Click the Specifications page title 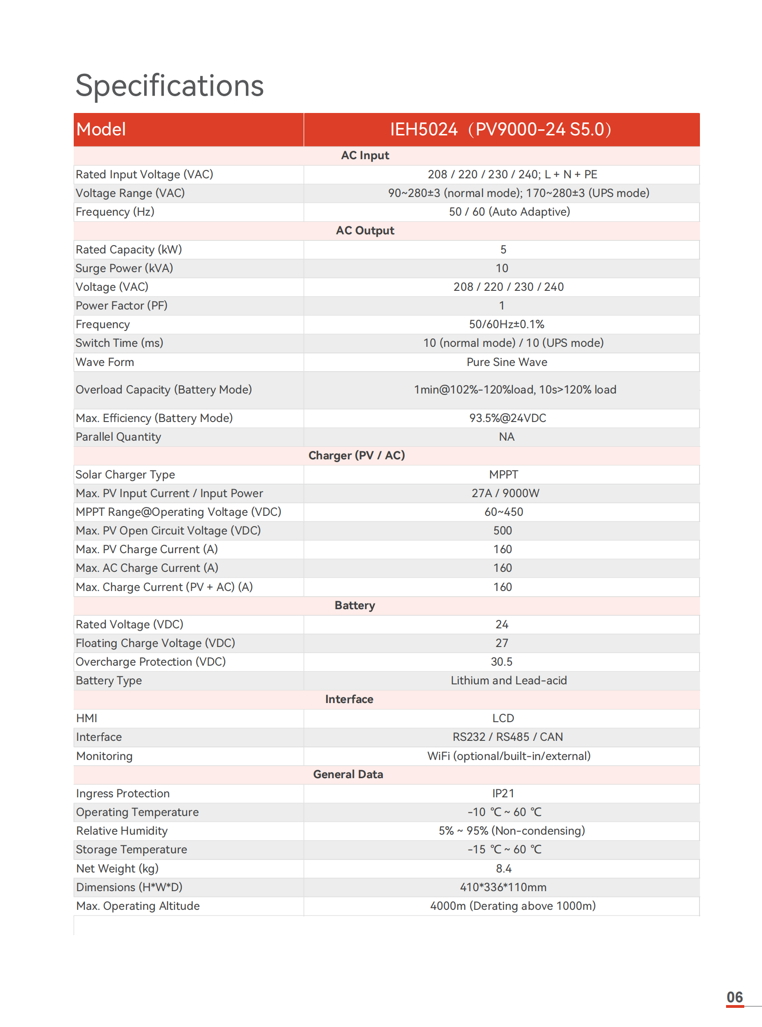click(x=169, y=86)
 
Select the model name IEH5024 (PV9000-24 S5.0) click(x=501, y=129)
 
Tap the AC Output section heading click(x=365, y=231)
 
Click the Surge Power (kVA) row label click(x=124, y=268)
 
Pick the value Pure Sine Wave click(x=507, y=362)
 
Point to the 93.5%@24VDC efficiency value click(x=507, y=418)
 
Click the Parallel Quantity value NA click(x=506, y=437)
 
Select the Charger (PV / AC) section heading click(x=357, y=456)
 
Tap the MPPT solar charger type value click(x=503, y=475)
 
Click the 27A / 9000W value click(x=505, y=493)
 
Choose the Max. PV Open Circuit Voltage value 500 click(x=503, y=531)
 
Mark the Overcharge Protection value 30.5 click(x=502, y=662)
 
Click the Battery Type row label click(x=109, y=681)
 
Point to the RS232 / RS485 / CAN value click(x=508, y=737)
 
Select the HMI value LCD click(x=503, y=718)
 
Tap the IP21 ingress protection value click(x=503, y=794)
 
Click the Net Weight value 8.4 click(x=503, y=869)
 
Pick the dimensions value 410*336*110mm click(x=503, y=887)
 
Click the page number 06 click(x=734, y=998)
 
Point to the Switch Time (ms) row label click(x=119, y=343)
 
